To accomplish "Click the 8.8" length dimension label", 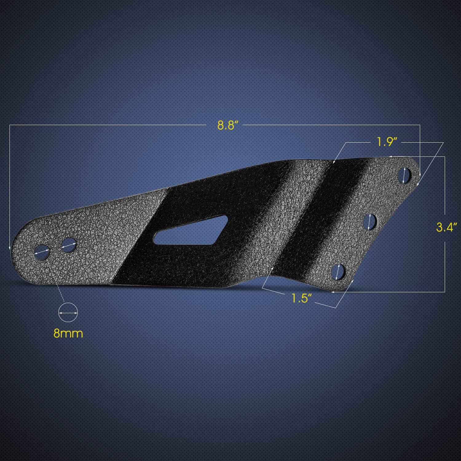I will [228, 125].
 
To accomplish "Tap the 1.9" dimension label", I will [387, 142].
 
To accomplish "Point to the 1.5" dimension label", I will [300, 298].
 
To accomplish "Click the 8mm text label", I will [68, 333].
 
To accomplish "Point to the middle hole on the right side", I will [370, 221].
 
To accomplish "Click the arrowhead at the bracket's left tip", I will [10, 247].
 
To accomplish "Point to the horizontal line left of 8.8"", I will [108, 125].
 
